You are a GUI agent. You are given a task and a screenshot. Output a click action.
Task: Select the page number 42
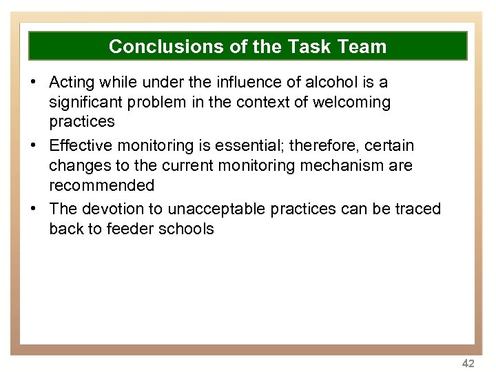tap(468, 363)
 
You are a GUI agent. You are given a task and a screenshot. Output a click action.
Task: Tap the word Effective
tap(83, 146)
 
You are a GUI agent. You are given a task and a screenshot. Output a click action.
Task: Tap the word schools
tap(187, 229)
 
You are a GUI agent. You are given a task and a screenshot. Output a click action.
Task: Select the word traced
tap(416, 209)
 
